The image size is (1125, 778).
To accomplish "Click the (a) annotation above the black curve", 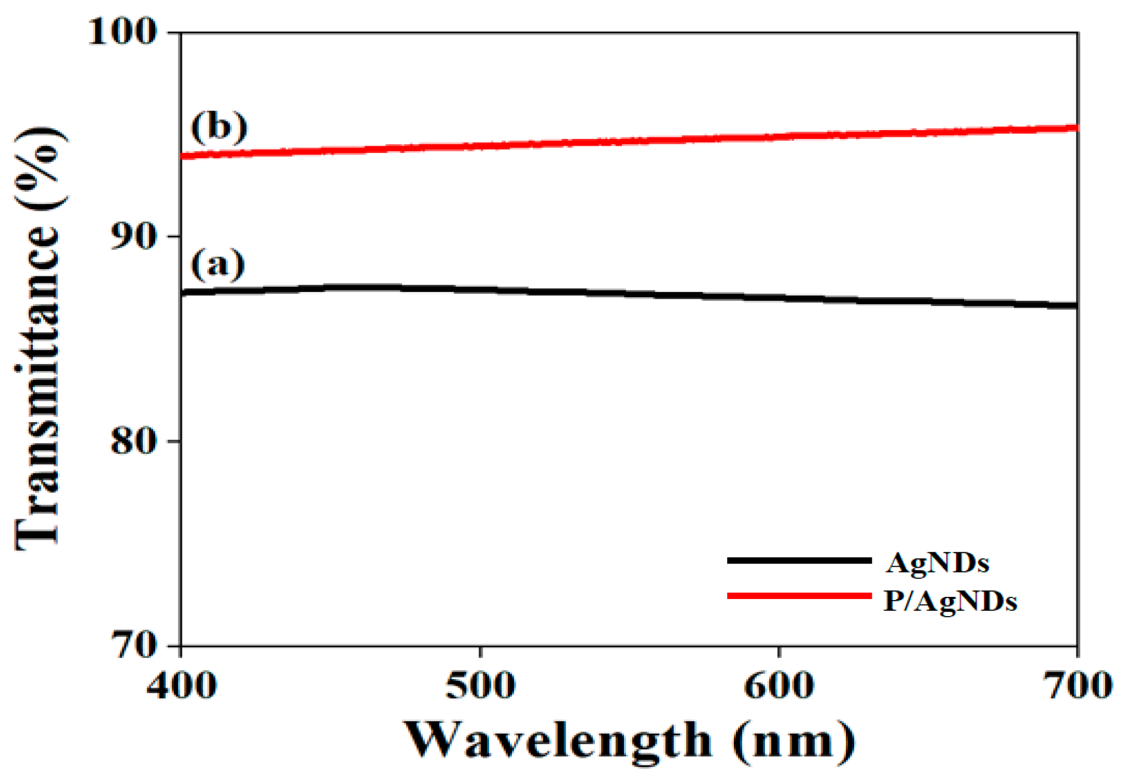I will click(218, 264).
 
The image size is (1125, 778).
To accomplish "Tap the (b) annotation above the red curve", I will click(219, 127).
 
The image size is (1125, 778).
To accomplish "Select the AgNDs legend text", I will click(937, 564).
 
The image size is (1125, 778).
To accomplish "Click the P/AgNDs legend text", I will click(950, 602).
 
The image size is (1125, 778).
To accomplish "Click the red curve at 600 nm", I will click(779, 137).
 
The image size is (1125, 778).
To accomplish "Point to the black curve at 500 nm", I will click(480, 289).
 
